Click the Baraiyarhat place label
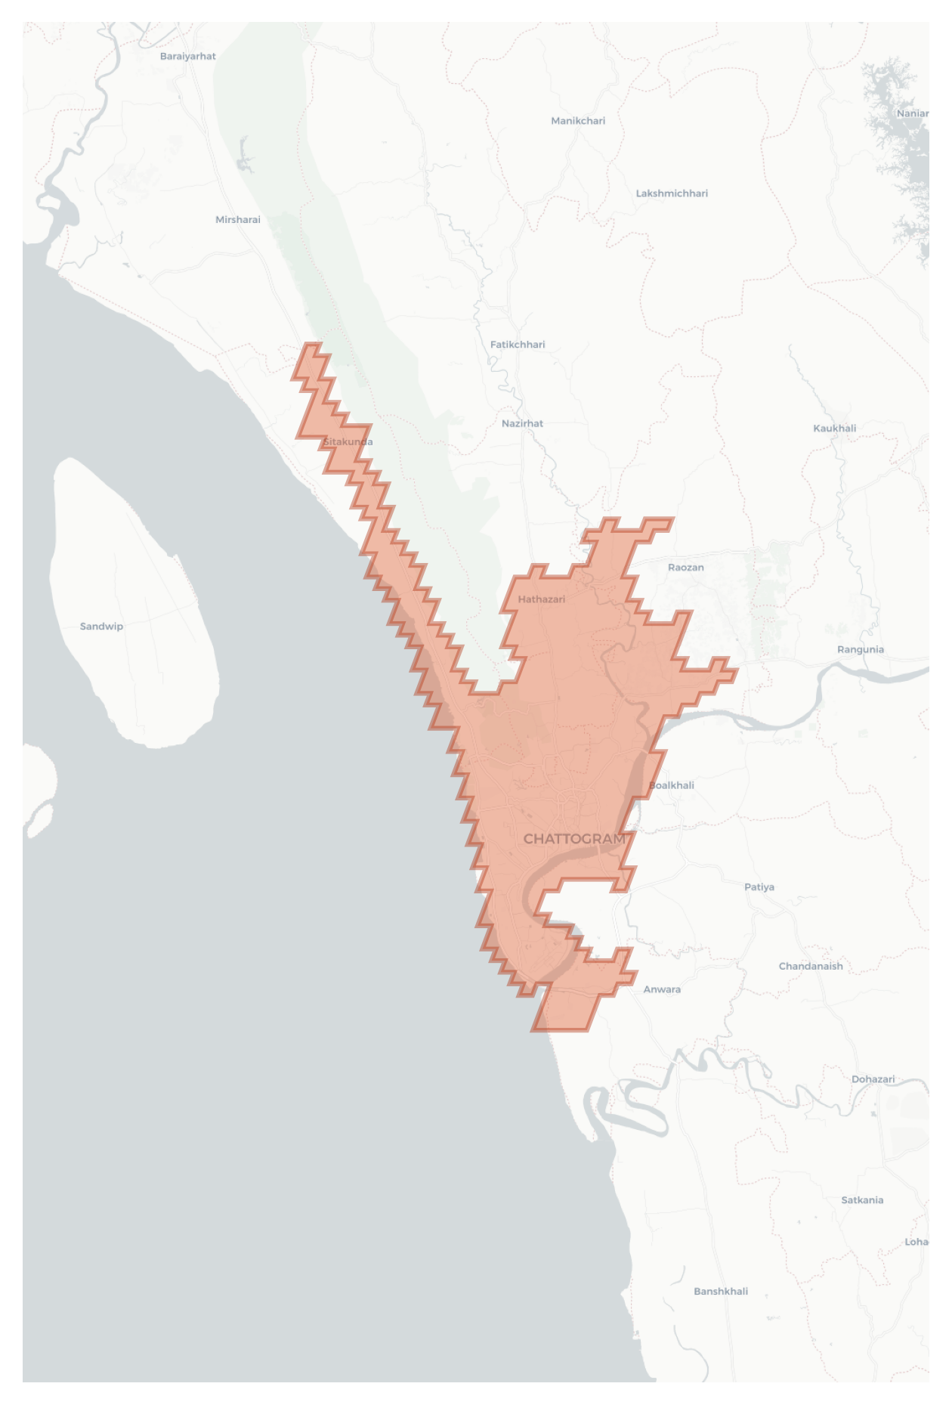(188, 57)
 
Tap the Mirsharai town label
(238, 220)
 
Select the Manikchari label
(578, 121)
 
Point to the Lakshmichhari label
(672, 193)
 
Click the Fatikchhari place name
(518, 345)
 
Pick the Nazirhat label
(522, 424)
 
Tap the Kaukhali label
(834, 429)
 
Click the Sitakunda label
(348, 442)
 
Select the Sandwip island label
(101, 627)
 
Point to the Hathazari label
(541, 599)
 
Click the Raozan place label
(685, 568)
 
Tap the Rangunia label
(860, 650)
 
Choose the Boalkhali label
(672, 785)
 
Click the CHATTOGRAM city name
(574, 839)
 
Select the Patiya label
(759, 887)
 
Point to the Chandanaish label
(811, 967)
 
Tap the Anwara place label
(662, 989)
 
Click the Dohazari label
(873, 1079)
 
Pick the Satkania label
(862, 1200)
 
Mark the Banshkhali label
(721, 1292)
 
